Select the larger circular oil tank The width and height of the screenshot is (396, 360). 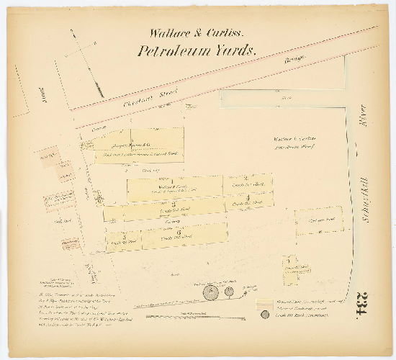tap(211, 292)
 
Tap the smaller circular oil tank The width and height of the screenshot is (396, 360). tap(229, 292)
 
